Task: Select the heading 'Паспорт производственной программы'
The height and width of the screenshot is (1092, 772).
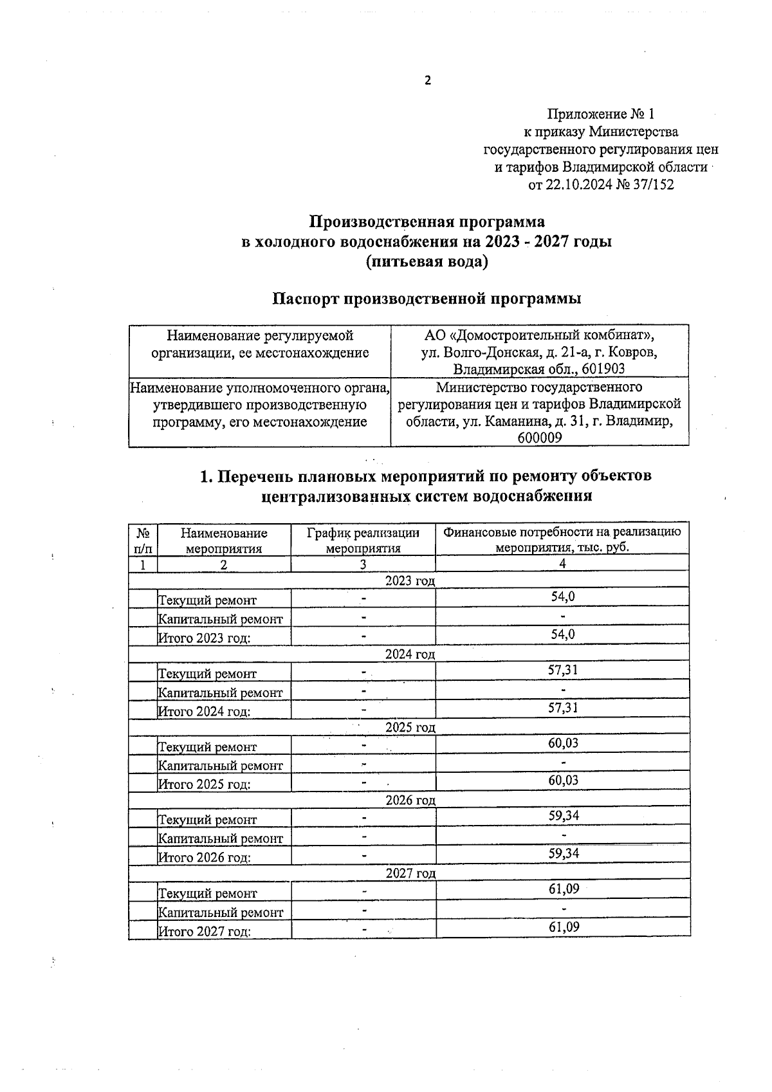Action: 427,299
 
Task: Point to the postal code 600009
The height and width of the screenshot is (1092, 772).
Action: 539,438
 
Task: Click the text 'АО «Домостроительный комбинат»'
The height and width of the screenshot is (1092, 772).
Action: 539,335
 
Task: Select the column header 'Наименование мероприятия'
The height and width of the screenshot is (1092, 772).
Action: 224,541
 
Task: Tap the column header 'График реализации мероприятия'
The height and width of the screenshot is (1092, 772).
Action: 363,541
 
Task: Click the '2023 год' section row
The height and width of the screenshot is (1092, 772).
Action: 410,581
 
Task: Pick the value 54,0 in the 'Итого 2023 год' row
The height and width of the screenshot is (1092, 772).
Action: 562,634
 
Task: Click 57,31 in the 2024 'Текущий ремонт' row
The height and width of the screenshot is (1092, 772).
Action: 562,671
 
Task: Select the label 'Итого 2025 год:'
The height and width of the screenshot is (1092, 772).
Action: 204,785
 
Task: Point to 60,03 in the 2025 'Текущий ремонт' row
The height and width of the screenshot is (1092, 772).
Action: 562,743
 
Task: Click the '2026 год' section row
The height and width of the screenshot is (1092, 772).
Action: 410,800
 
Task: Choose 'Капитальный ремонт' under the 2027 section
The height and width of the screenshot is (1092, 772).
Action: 221,912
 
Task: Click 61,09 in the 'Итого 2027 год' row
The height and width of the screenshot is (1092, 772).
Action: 563,927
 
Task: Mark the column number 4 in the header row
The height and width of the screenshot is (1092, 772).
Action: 562,564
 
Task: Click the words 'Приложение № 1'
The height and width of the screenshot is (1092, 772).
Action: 600,115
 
